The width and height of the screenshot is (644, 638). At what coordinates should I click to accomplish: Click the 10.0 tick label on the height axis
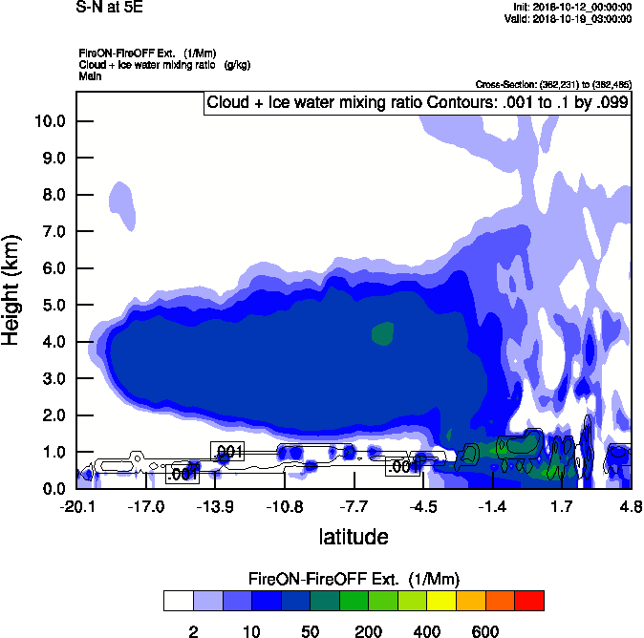(x=50, y=121)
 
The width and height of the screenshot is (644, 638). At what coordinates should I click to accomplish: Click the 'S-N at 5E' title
(x=108, y=7)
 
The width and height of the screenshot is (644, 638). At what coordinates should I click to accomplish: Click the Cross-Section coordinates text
(x=553, y=84)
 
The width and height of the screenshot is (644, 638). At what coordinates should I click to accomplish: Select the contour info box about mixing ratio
(x=418, y=103)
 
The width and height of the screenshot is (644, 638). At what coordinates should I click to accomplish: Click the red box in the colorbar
(x=529, y=600)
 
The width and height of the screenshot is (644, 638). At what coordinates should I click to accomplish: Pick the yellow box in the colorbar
(x=441, y=600)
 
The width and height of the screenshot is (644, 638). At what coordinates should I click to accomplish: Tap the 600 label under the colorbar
(x=484, y=631)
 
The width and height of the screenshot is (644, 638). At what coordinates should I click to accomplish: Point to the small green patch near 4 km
(x=382, y=333)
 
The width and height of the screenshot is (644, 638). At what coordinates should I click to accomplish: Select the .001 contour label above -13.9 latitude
(x=227, y=451)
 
